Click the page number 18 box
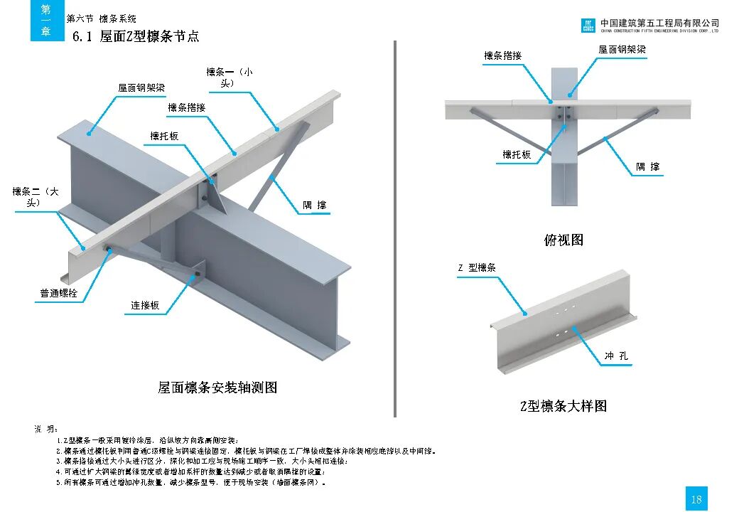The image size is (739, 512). pyautogui.click(x=696, y=498)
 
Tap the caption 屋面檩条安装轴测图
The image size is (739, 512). pyautogui.click(x=217, y=388)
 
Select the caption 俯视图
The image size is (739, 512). pyautogui.click(x=563, y=240)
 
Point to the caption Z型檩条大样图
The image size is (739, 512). pyautogui.click(x=563, y=406)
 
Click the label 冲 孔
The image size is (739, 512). pyautogui.click(x=616, y=356)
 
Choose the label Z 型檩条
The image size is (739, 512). pyautogui.click(x=477, y=268)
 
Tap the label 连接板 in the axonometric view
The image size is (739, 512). pyautogui.click(x=145, y=306)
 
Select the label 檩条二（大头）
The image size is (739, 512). pyautogui.click(x=36, y=197)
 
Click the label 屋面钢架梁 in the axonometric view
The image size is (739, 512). pyautogui.click(x=141, y=88)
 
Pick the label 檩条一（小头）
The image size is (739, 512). pyautogui.click(x=230, y=77)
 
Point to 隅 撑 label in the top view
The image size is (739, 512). pyautogui.click(x=647, y=167)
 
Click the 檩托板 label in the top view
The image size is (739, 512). pyautogui.click(x=517, y=154)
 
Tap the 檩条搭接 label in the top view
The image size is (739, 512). pyautogui.click(x=502, y=55)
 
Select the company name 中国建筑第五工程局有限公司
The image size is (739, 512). pyautogui.click(x=659, y=23)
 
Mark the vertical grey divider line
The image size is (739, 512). pyautogui.click(x=394, y=228)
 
